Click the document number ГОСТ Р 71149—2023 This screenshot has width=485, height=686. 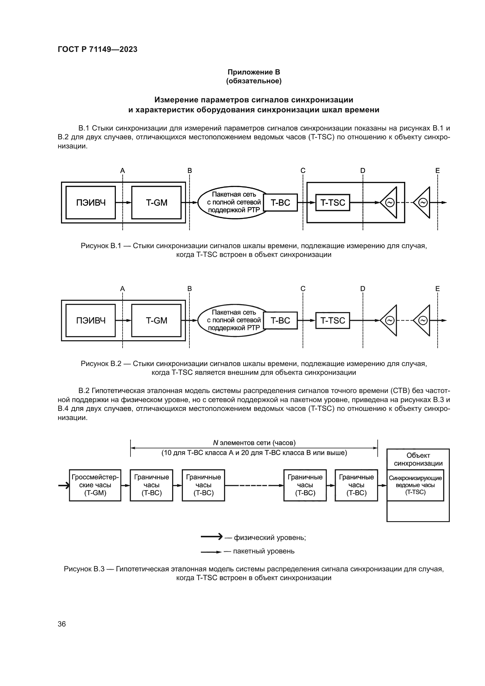point(97,49)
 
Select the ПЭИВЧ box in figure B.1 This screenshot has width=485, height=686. point(91,203)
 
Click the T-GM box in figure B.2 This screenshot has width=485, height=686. point(156,321)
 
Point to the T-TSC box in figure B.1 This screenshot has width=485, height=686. point(333,203)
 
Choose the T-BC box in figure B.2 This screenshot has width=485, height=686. point(280,321)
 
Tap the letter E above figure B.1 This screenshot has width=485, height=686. point(437,171)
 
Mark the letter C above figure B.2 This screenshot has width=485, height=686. point(303,289)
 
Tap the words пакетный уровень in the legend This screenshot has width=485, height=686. point(263,551)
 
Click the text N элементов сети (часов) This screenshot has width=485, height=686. point(254,443)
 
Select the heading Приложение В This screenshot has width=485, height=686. point(254,72)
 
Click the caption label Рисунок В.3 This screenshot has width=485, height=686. point(84,569)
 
